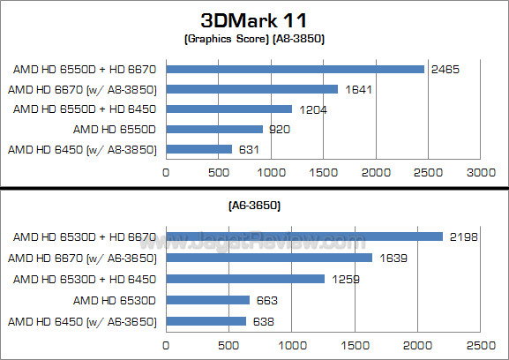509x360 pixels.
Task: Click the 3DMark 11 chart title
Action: click(254, 19)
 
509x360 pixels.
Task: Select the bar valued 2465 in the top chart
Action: click(295, 69)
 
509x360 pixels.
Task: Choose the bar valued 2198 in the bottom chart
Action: click(304, 236)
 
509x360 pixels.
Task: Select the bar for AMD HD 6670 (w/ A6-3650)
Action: click(269, 258)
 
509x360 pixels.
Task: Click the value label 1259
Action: click(341, 279)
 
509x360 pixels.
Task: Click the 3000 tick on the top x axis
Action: click(480, 172)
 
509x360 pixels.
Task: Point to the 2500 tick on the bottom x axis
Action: click(481, 345)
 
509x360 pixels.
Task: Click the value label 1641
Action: click(355, 88)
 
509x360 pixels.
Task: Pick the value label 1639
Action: click(389, 258)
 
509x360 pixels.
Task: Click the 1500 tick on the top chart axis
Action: click(323, 172)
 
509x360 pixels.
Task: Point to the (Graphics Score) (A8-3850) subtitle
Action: click(254, 40)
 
